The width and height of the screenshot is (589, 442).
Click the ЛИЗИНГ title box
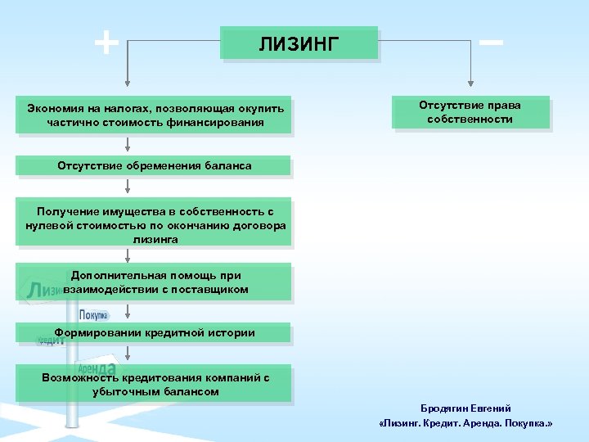click(x=299, y=43)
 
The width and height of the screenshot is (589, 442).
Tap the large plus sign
click(x=106, y=42)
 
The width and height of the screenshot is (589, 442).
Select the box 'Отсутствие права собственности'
click(x=470, y=113)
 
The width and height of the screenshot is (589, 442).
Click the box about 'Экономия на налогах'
click(x=155, y=115)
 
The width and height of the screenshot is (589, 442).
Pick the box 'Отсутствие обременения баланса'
click(x=155, y=166)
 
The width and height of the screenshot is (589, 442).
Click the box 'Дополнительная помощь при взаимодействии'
click(x=155, y=282)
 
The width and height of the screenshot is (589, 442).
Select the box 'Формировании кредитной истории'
click(x=155, y=333)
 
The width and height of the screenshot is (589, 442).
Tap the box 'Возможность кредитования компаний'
click(x=155, y=385)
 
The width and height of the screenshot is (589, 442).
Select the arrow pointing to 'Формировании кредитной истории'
click(x=127, y=316)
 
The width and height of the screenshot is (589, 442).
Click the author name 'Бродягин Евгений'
click(x=466, y=408)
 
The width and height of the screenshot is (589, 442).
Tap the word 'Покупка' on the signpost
click(x=93, y=315)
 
